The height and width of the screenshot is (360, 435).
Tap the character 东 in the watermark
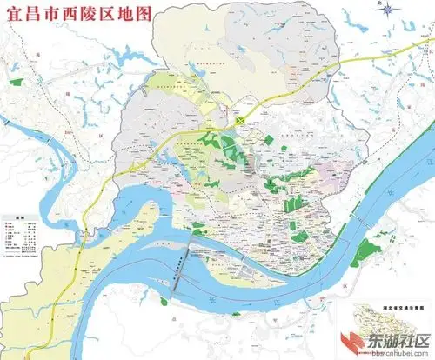pos(381,343)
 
